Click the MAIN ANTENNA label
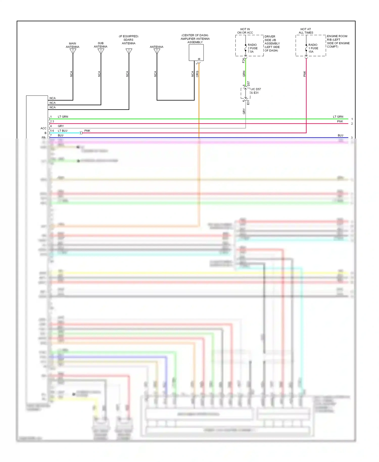(x=73, y=45)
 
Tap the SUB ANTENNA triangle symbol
(x=101, y=51)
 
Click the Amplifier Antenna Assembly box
(x=196, y=53)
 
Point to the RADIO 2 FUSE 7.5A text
(x=252, y=48)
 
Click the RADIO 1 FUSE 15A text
(x=313, y=48)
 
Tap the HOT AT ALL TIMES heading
(x=306, y=31)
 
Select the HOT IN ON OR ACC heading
(x=245, y=31)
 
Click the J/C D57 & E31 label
(x=256, y=91)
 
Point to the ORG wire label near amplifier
(x=197, y=74)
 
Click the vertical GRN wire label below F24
(x=244, y=74)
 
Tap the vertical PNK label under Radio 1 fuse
(x=304, y=74)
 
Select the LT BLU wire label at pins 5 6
(x=62, y=131)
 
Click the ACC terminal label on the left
(x=43, y=128)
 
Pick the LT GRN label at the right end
(x=338, y=117)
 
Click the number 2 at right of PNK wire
(x=352, y=124)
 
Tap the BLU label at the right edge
(x=340, y=135)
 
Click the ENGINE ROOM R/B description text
(x=338, y=41)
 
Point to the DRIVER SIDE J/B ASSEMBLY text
(x=272, y=43)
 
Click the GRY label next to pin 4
(x=61, y=126)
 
